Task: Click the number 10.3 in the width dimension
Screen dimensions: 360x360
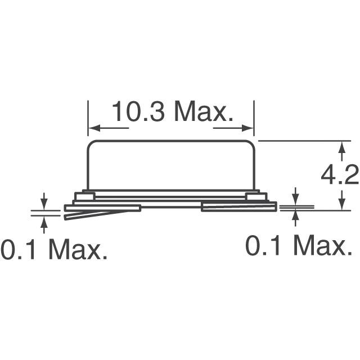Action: click(138, 112)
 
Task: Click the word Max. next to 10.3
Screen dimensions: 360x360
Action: click(203, 112)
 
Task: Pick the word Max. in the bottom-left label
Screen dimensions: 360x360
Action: click(77, 249)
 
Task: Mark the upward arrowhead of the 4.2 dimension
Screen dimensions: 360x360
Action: click(341, 147)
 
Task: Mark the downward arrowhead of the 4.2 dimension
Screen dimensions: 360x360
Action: click(341, 205)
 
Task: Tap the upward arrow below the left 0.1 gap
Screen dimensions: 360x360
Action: click(44, 220)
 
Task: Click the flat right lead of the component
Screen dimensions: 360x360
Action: click(239, 208)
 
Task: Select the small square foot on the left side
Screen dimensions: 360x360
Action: click(85, 196)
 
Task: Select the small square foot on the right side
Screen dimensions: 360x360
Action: click(254, 196)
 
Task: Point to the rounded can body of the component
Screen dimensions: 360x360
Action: click(172, 163)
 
